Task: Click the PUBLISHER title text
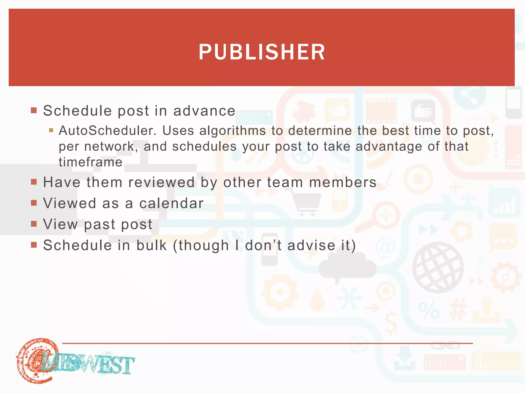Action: pyautogui.click(x=262, y=52)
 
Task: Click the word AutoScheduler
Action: pyautogui.click(x=107, y=131)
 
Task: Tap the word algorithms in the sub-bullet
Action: pyautogui.click(x=233, y=131)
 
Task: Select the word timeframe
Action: pyautogui.click(x=90, y=162)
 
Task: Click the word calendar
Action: pyautogui.click(x=171, y=203)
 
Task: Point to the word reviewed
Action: pyautogui.click(x=161, y=182)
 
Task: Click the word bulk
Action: pyautogui.click(x=152, y=245)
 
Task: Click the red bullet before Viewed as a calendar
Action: pyautogui.click(x=34, y=203)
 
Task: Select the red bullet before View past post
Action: pyautogui.click(x=34, y=224)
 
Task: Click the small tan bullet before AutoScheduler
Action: pyautogui.click(x=51, y=130)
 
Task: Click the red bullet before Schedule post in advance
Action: pyautogui.click(x=34, y=110)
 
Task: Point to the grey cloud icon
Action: pyautogui.click(x=347, y=267)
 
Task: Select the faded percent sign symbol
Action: pyautogui.click(x=429, y=310)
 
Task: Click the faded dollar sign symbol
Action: pyautogui.click(x=391, y=323)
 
